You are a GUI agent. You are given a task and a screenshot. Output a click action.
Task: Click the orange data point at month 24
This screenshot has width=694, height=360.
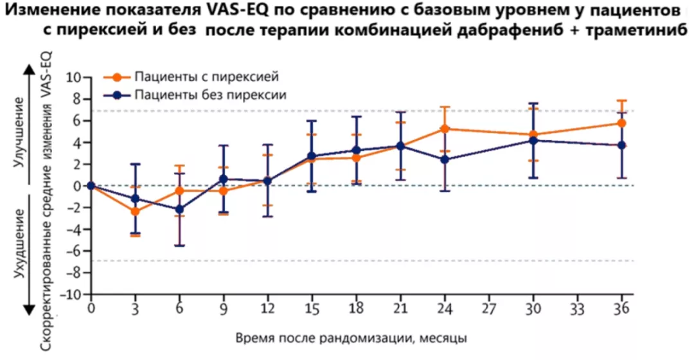[x=445, y=129]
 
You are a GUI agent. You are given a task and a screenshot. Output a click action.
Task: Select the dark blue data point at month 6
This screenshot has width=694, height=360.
[x=179, y=210]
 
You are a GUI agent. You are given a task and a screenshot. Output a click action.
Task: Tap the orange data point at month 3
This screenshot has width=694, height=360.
[x=135, y=211]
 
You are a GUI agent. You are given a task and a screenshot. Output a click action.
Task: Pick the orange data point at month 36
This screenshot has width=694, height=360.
[x=621, y=123]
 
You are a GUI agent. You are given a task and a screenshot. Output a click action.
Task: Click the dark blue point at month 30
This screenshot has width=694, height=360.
[x=533, y=140]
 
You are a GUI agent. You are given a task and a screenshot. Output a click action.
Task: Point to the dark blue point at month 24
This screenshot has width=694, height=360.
[x=445, y=159]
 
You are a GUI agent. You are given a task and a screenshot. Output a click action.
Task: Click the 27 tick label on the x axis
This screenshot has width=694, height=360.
[x=488, y=309]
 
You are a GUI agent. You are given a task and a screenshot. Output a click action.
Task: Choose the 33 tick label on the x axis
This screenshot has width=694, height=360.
[x=577, y=309]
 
